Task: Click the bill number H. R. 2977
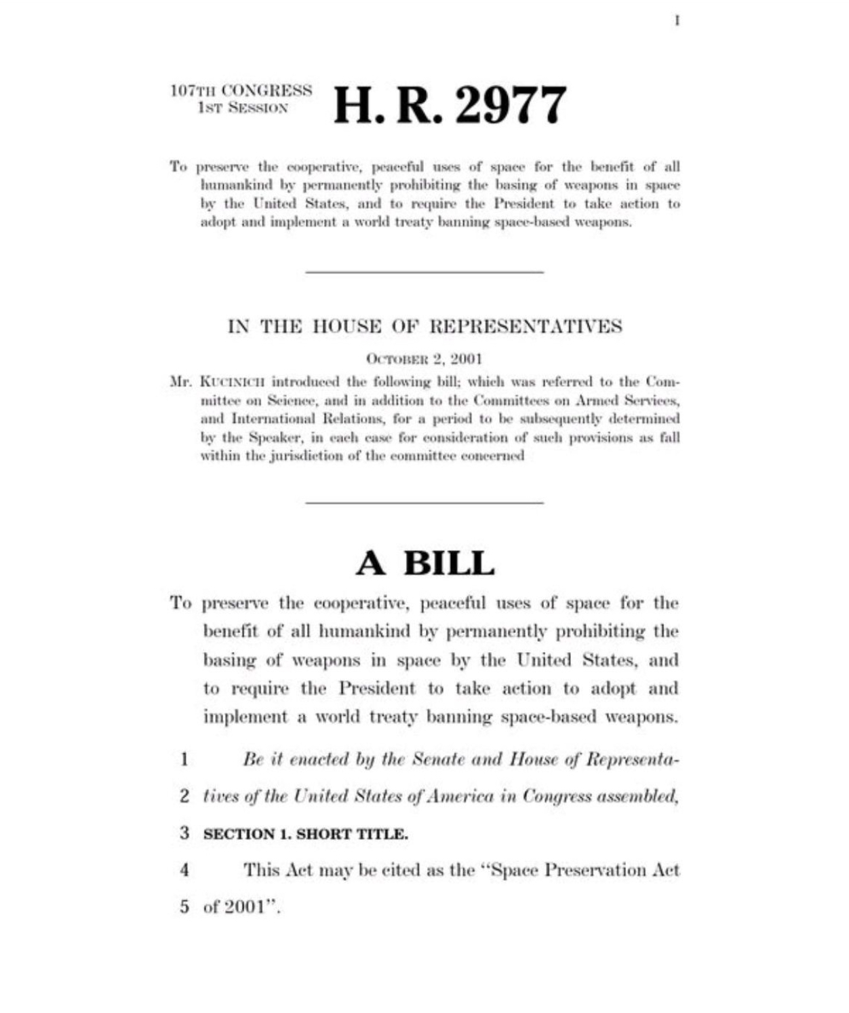[x=450, y=106]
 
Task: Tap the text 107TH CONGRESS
[x=241, y=90]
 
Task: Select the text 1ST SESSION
[x=243, y=108]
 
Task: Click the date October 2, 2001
[x=424, y=358]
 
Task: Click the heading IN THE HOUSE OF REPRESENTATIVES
[x=424, y=326]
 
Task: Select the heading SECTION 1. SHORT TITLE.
[x=305, y=834]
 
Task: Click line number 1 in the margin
[x=184, y=759]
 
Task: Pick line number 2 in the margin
[x=184, y=796]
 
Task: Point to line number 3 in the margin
[x=184, y=833]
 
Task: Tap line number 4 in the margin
[x=184, y=870]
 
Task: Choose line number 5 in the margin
[x=184, y=907]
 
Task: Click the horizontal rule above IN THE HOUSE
[x=424, y=272]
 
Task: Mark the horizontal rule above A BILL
[x=424, y=503]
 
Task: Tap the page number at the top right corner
[x=677, y=21]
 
